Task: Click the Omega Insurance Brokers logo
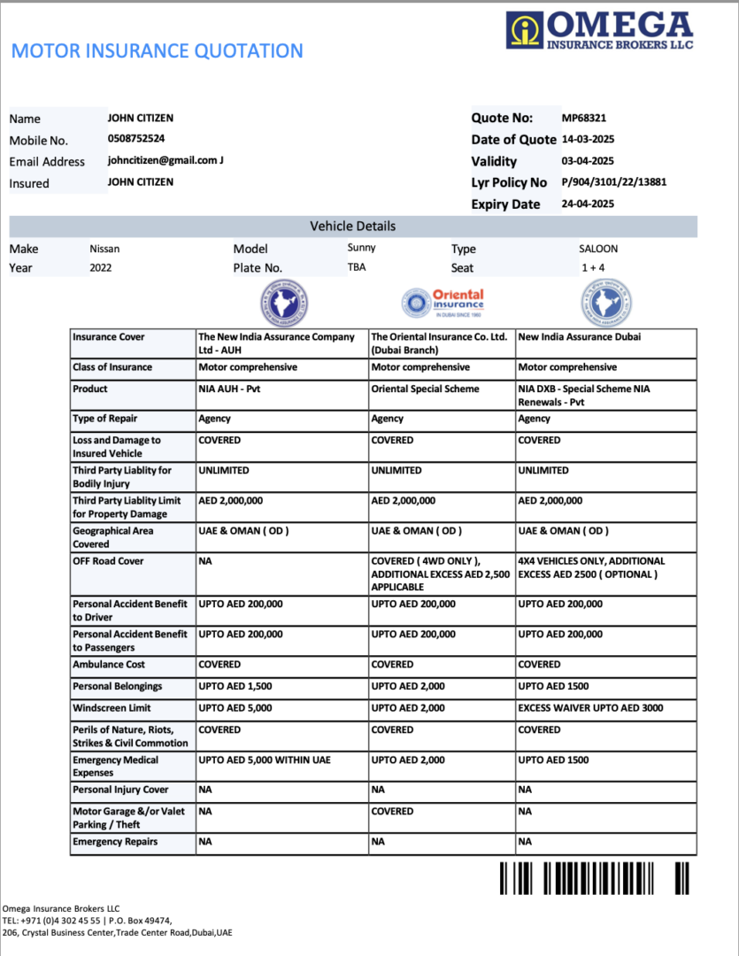[600, 30]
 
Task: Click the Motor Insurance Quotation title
[157, 51]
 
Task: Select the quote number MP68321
[584, 118]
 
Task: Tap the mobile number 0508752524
[136, 139]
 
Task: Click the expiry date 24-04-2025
[588, 204]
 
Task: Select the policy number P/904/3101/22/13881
[613, 182]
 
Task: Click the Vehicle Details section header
[352, 227]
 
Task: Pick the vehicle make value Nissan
[105, 249]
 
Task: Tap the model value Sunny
[361, 249]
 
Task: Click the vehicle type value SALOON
[598, 249]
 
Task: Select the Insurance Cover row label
[109, 337]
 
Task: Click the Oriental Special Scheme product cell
[425, 389]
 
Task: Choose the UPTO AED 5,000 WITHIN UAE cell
[264, 760]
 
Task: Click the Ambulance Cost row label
[110, 665]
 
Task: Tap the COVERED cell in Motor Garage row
[392, 812]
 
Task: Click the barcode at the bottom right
[594, 878]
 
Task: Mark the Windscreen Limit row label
[112, 708]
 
